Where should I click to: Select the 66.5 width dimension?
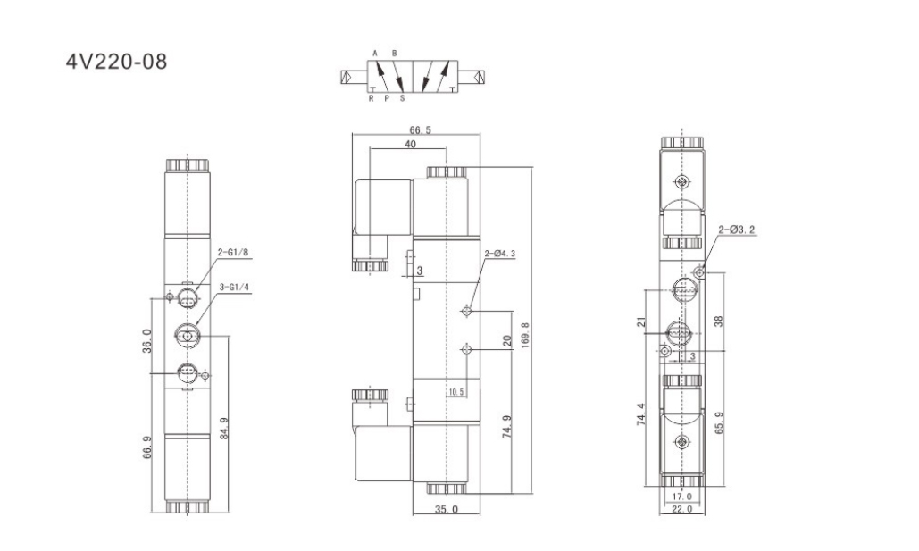(x=421, y=130)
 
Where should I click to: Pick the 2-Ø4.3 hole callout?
(x=500, y=254)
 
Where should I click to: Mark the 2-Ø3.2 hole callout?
(x=737, y=230)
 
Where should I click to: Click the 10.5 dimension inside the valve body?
(x=456, y=392)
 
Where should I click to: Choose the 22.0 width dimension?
(x=681, y=509)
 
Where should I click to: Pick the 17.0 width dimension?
(x=681, y=497)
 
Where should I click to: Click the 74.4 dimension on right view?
(x=641, y=414)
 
